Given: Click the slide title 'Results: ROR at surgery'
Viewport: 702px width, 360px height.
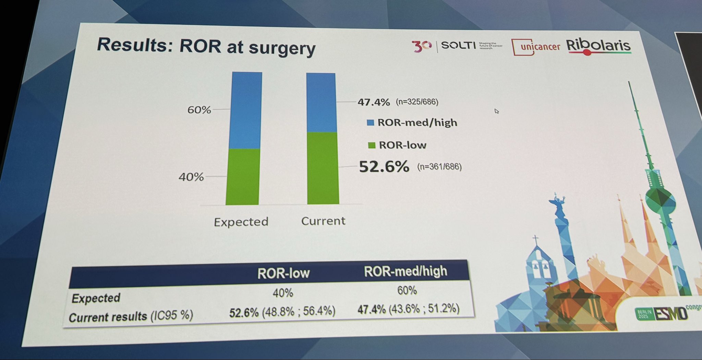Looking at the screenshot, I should click(x=206, y=47).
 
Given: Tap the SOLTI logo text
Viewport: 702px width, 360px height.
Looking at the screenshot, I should click(x=458, y=45).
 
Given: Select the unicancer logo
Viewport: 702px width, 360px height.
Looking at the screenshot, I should click(x=536, y=47).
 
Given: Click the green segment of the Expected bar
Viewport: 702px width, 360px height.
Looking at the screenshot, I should click(x=243, y=177).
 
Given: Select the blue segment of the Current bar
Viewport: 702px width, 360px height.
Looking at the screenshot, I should click(x=321, y=102).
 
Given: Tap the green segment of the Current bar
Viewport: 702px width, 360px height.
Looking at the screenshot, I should click(x=323, y=168).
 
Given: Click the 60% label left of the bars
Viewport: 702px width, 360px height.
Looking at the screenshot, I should click(x=199, y=110).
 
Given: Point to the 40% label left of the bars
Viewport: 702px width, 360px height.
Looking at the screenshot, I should click(x=191, y=177).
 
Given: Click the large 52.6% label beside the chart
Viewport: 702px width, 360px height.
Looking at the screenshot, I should click(x=384, y=167).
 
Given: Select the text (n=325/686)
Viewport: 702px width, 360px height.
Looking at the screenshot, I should click(x=417, y=102).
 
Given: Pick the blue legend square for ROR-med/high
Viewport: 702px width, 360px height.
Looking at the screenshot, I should click(x=370, y=123).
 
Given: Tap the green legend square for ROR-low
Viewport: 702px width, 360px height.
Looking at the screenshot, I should click(x=371, y=146).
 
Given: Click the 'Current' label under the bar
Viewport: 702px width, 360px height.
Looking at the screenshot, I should click(x=323, y=221).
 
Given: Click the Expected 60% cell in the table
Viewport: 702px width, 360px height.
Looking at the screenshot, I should click(x=407, y=291).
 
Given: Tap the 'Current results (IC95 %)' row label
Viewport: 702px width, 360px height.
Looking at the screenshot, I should click(x=131, y=316).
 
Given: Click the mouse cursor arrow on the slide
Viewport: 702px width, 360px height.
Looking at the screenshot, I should click(x=496, y=111).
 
